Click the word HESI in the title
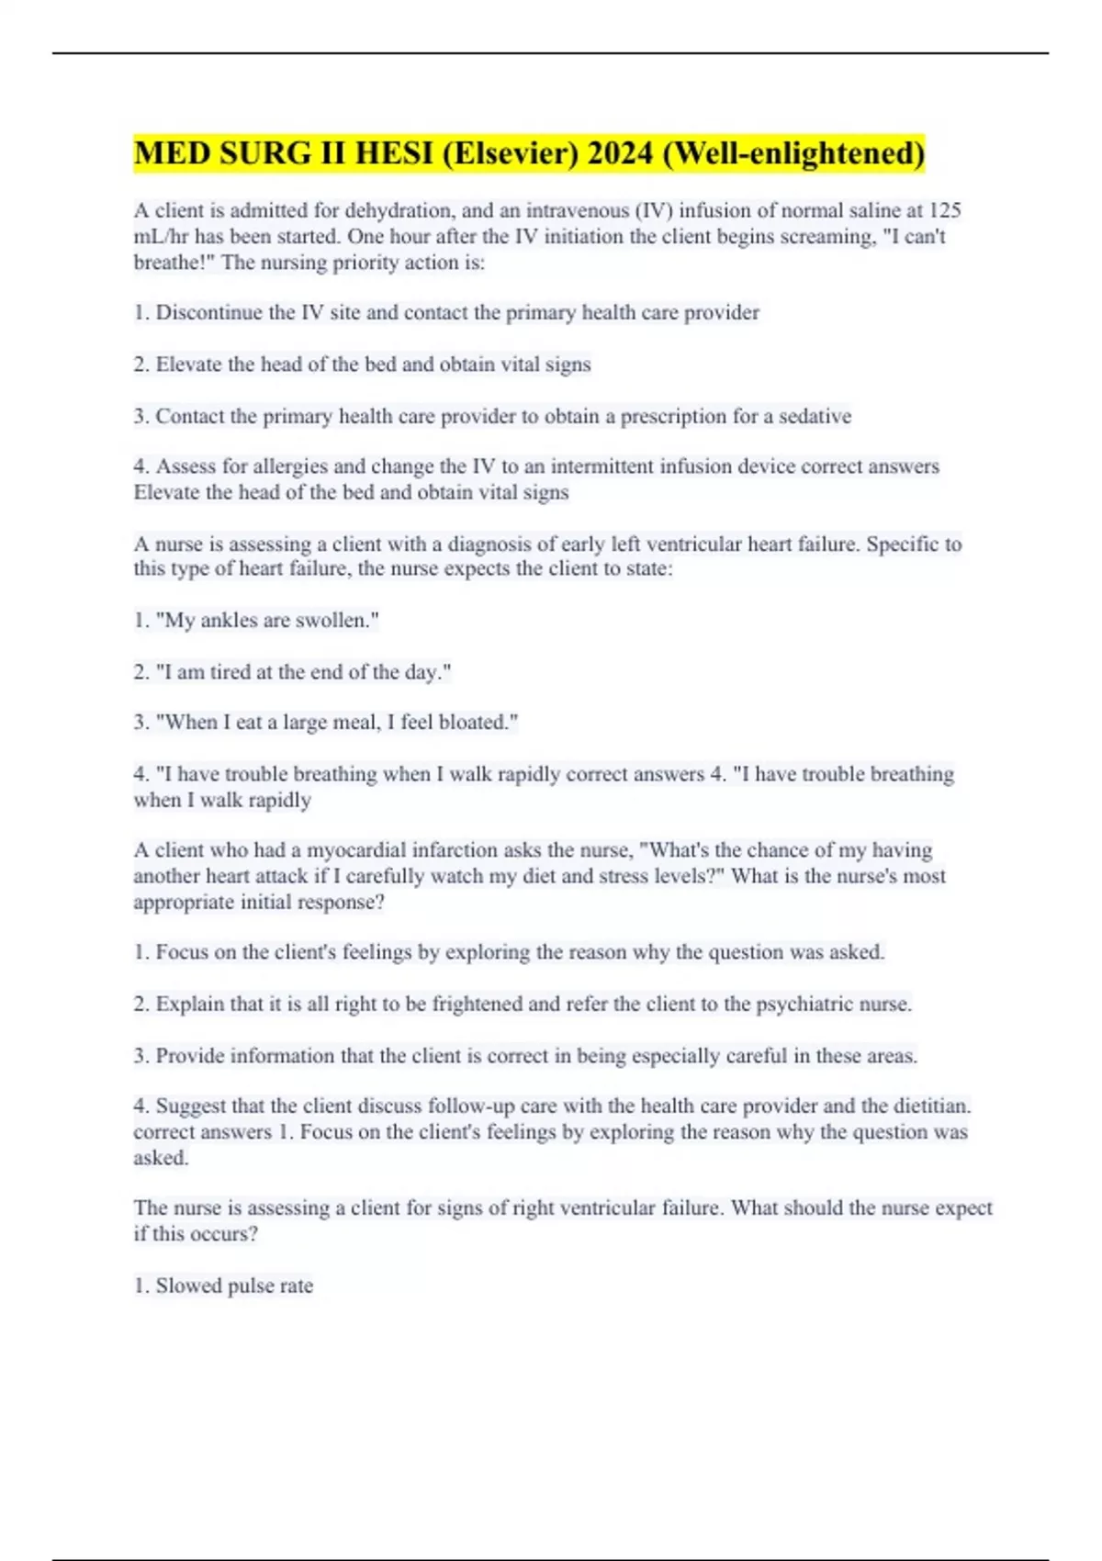click(x=393, y=153)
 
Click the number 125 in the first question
click(x=944, y=210)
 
